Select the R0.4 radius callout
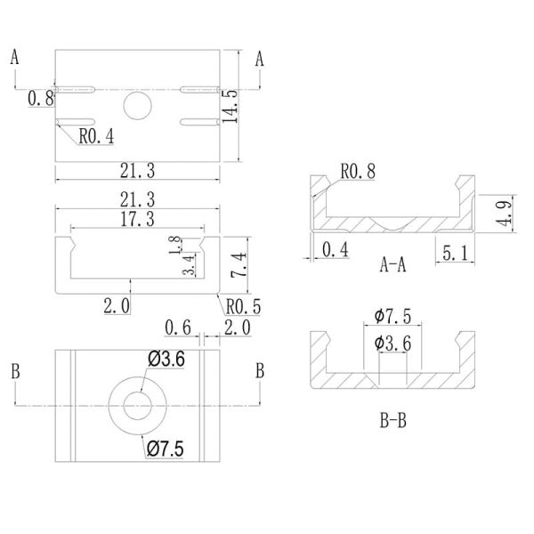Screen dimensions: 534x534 (x=96, y=137)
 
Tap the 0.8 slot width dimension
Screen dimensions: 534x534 (x=40, y=99)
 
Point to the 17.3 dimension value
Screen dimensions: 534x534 (x=136, y=218)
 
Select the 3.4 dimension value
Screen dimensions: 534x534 (x=189, y=265)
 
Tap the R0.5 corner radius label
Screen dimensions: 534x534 (x=243, y=307)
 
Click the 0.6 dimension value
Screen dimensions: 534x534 (x=179, y=328)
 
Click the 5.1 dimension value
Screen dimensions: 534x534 (x=454, y=254)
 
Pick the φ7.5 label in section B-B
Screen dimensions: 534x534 (x=392, y=317)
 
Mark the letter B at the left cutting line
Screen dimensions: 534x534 (x=15, y=371)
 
